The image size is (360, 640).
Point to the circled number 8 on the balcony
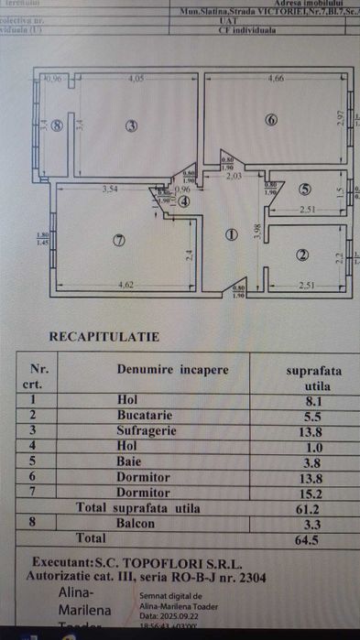coord(57,126)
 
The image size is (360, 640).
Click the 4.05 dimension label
coord(137,78)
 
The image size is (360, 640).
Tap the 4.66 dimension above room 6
coord(275,78)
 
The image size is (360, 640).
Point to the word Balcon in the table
coord(137,523)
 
